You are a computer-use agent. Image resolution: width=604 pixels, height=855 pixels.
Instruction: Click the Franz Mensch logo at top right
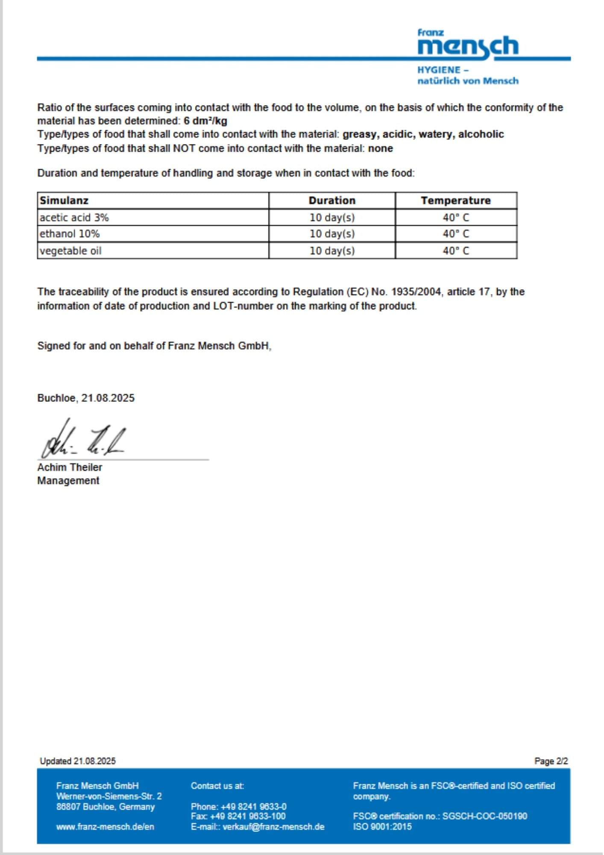[x=468, y=57]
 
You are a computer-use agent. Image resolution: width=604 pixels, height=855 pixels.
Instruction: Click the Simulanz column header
[x=64, y=200]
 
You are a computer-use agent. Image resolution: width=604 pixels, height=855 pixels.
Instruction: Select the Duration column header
[x=332, y=200]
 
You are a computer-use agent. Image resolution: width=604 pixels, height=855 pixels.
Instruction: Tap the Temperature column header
[x=456, y=200]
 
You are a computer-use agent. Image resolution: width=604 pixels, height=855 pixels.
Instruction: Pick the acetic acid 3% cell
[x=74, y=218]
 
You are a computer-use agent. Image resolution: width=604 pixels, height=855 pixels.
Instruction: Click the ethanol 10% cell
[x=70, y=234]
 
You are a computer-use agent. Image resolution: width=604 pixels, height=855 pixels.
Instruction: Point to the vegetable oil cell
[x=70, y=251]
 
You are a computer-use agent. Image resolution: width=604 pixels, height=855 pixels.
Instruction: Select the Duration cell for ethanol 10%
[x=332, y=234]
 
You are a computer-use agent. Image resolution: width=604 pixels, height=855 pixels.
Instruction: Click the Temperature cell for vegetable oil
[x=456, y=251]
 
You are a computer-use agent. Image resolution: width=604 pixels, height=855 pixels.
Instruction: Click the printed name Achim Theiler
[x=70, y=467]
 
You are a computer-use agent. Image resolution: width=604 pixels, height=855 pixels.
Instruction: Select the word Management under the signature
[x=68, y=481]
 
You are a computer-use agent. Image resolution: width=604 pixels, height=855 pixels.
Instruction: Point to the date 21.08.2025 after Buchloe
[x=108, y=398]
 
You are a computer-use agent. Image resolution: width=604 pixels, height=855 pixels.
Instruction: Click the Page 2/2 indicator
[x=551, y=761]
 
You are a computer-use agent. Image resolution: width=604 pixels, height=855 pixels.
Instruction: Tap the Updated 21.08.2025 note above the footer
[x=78, y=761]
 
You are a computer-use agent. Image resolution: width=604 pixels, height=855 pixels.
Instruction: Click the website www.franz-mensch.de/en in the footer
[x=105, y=827]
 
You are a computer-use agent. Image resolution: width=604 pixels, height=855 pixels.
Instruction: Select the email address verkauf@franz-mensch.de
[x=273, y=827]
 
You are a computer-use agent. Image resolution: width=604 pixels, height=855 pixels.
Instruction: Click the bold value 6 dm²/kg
[x=205, y=121]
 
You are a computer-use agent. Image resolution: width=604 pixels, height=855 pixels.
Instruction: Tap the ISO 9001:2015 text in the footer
[x=382, y=827]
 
